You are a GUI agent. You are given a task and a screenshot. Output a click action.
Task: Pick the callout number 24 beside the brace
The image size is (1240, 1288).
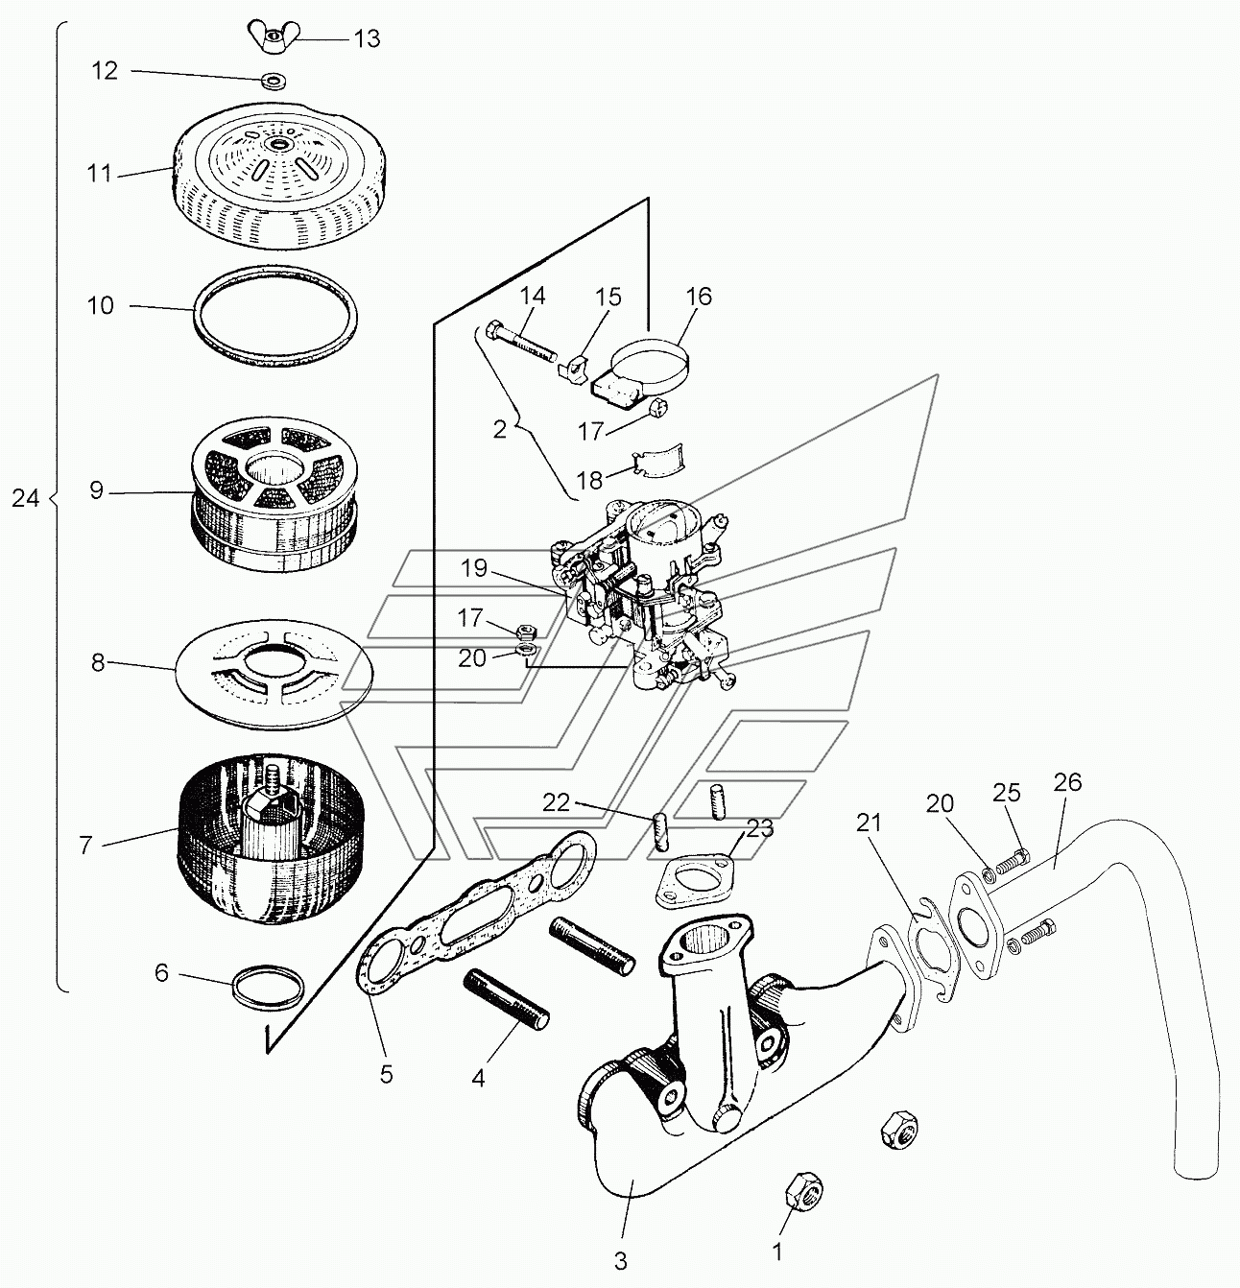[x=26, y=498]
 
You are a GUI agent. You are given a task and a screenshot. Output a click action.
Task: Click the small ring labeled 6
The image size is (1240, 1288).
[x=270, y=986]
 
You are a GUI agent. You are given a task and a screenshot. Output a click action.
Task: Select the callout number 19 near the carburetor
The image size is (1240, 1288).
[x=474, y=568]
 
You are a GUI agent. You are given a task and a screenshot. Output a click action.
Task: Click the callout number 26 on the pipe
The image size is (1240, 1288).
[x=1066, y=782]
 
